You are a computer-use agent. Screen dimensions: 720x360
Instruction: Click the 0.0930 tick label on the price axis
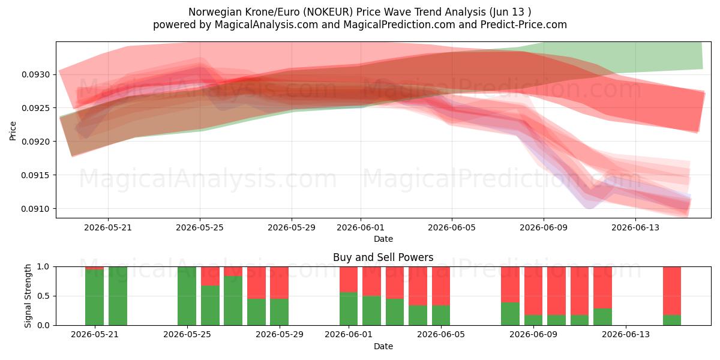(x=35, y=74)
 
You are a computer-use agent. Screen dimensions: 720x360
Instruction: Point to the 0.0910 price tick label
(x=35, y=209)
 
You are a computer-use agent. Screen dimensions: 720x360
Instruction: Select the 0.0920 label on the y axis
(x=35, y=142)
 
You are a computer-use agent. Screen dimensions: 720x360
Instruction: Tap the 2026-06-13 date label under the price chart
(x=635, y=227)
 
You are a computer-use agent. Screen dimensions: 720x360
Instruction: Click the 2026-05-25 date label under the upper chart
(x=200, y=227)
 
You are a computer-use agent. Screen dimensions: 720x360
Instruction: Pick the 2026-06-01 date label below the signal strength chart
(x=349, y=335)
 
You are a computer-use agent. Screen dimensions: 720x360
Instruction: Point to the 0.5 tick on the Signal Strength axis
(x=43, y=296)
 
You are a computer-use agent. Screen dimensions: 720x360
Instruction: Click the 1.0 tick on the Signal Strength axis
(x=43, y=267)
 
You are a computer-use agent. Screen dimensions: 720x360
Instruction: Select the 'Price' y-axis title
(x=13, y=131)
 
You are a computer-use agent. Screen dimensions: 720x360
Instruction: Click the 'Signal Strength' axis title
(x=28, y=296)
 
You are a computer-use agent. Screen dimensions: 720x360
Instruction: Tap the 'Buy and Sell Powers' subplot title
(x=383, y=257)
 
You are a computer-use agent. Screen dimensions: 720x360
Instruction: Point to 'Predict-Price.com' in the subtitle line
(x=524, y=25)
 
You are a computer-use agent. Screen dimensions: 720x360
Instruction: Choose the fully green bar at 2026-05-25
(x=187, y=296)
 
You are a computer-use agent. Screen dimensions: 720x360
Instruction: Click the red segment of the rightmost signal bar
(x=672, y=291)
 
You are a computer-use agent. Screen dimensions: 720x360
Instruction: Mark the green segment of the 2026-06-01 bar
(x=349, y=309)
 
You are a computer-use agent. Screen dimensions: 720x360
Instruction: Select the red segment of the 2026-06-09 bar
(x=533, y=291)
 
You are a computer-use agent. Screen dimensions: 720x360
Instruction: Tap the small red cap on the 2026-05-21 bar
(x=95, y=268)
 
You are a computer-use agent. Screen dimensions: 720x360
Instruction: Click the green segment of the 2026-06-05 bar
(x=441, y=316)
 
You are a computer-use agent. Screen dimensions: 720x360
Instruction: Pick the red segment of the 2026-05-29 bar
(x=280, y=283)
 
